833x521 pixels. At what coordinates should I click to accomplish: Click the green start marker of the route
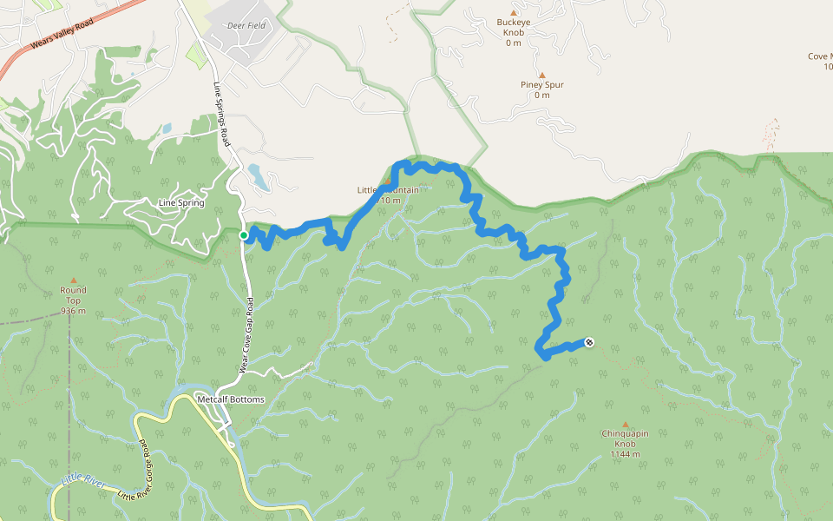coord(244,235)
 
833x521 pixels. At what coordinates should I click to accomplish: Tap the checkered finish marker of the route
coord(590,342)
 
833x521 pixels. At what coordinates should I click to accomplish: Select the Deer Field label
coord(246,26)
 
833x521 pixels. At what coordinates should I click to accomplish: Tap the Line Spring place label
coord(181,203)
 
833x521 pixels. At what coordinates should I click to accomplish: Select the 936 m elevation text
coord(74,311)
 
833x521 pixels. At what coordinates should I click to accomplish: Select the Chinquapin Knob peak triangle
coord(624,424)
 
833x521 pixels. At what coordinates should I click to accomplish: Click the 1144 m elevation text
coord(625,454)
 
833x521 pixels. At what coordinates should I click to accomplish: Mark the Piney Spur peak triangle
coord(542,75)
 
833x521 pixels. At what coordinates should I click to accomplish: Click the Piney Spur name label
coord(542,85)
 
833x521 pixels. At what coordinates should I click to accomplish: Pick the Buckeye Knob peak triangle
coord(513,12)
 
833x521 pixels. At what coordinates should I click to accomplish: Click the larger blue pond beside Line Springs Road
coord(259,177)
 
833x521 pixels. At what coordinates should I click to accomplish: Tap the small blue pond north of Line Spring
coord(165,129)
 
